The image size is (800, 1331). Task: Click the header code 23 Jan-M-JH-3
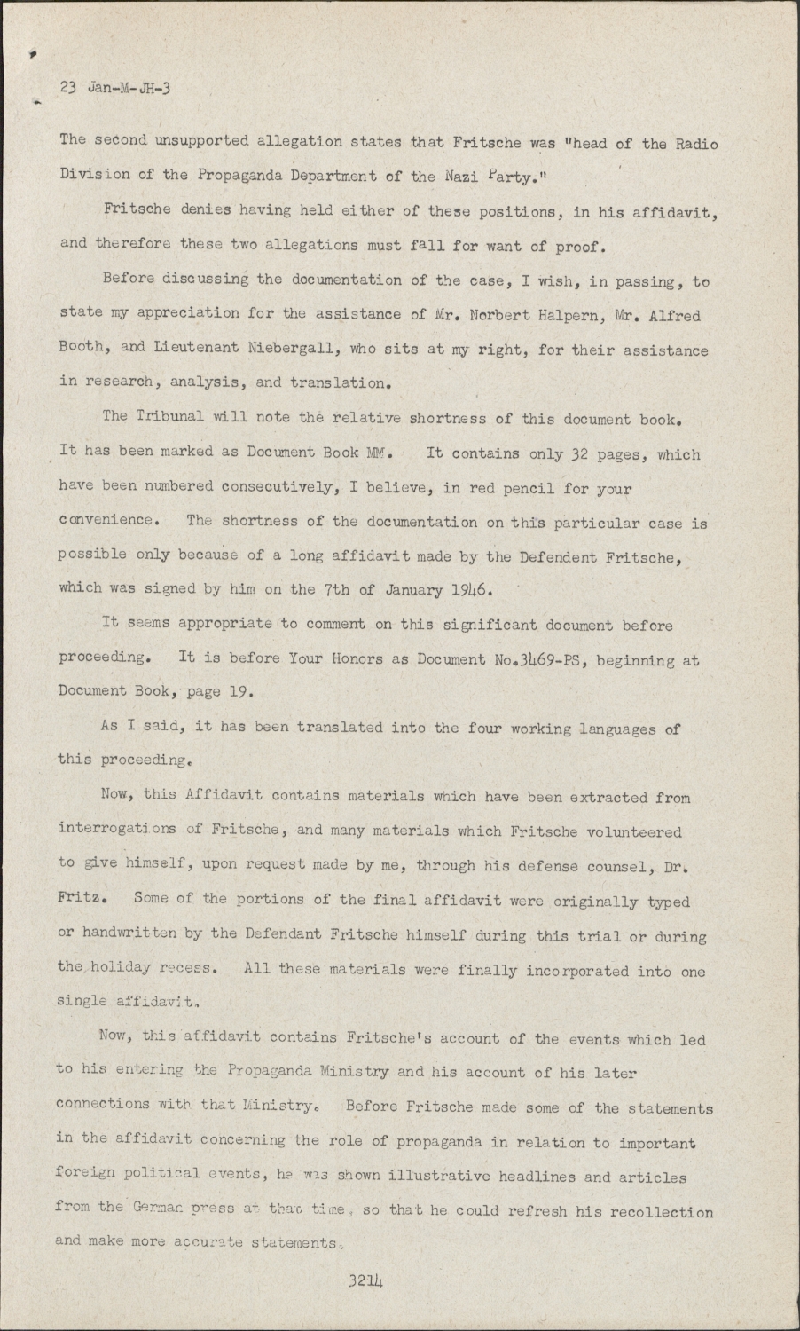[115, 88]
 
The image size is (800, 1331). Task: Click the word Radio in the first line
[697, 143]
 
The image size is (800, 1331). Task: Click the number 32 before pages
[578, 454]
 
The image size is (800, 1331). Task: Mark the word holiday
[121, 967]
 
